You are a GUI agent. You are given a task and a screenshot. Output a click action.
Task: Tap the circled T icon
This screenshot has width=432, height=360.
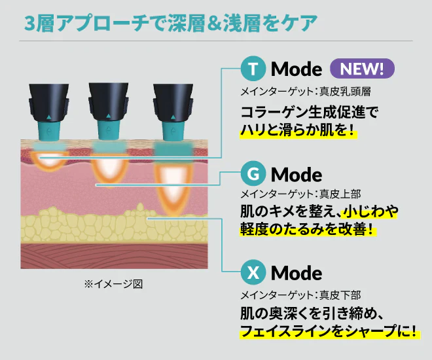[253, 69]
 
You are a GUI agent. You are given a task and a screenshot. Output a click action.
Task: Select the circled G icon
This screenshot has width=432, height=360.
[253, 175]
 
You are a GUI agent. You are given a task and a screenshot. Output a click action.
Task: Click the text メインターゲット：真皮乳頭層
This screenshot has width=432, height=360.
[306, 92]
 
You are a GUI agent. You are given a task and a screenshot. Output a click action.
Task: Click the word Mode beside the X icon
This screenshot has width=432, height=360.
[297, 273]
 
